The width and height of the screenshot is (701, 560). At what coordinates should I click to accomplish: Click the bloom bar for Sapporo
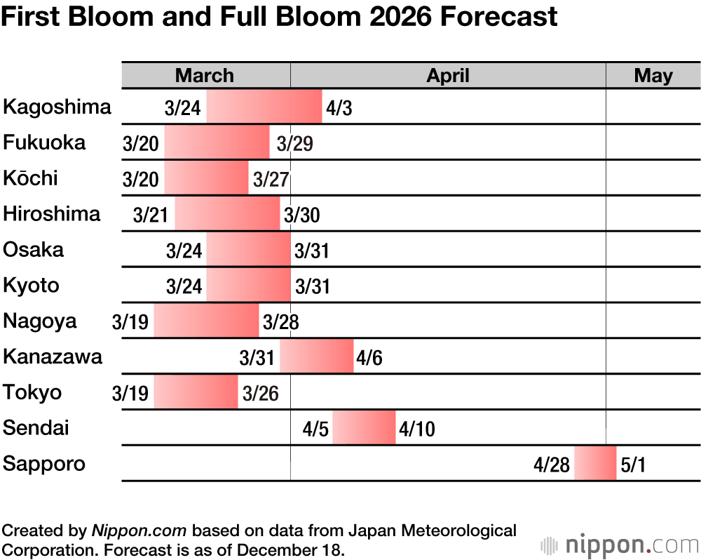pos(595,463)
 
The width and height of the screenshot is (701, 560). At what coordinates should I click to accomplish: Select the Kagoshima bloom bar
pos(264,107)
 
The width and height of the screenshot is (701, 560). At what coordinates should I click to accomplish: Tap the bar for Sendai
pos(364,428)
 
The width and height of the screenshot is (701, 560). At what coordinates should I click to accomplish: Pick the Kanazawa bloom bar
pos(316,356)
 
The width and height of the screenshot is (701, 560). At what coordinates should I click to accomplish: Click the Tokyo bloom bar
pos(196,392)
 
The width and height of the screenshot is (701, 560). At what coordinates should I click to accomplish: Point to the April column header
pos(448,76)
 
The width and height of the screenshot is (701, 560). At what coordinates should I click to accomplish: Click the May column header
pos(653,76)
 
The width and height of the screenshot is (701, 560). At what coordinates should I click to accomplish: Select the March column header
pos(205,76)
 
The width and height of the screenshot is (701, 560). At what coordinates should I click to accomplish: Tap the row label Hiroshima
pos(52,213)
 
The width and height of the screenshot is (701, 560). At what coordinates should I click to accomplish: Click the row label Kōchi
pos(30,178)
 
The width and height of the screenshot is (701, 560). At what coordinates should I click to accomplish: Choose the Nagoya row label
pos(40,321)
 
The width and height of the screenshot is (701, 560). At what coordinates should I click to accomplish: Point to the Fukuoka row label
pos(44,142)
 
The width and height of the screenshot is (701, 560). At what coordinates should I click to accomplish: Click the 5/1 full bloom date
pos(633,465)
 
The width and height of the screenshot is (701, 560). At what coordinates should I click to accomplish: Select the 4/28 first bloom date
pos(551,465)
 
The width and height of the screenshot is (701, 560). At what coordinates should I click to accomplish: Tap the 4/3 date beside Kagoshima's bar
pos(339,109)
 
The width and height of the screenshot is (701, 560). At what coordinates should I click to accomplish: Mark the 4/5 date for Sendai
pos(315,429)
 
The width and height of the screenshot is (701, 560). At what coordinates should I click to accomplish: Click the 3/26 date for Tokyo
pos(260,394)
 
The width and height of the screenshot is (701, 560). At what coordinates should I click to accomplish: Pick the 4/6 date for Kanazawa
pos(369,358)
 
